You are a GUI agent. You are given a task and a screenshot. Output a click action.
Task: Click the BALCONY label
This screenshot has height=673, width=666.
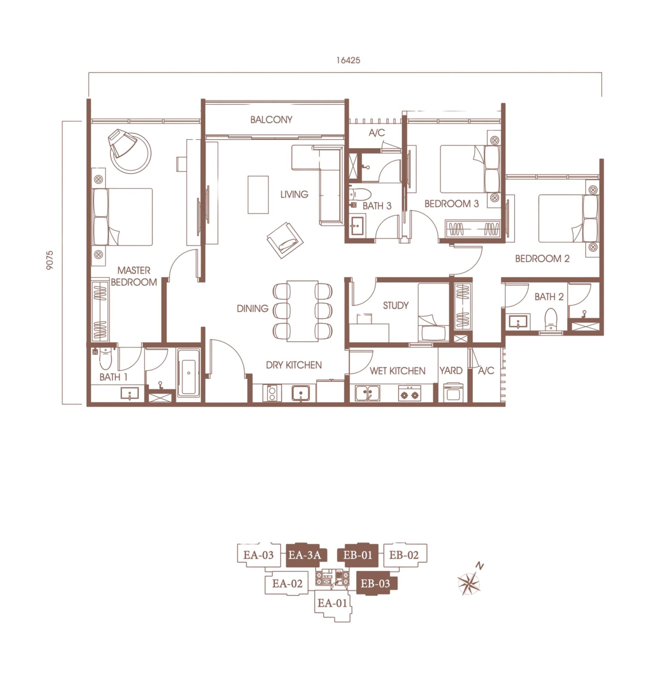click(271, 120)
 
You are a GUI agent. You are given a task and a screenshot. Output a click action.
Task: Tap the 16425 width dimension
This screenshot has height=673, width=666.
click(348, 60)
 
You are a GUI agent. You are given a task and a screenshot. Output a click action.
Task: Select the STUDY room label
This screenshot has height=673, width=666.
click(396, 306)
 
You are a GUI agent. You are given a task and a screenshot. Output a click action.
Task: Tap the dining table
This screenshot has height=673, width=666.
click(303, 311)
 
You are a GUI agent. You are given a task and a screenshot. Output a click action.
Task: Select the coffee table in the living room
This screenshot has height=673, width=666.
click(258, 195)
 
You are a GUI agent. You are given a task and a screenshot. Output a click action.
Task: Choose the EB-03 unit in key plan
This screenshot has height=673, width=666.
click(376, 584)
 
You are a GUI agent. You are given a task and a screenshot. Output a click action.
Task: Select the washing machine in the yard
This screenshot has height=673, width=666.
click(453, 392)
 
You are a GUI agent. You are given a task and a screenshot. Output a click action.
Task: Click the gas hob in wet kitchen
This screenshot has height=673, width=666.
click(409, 394)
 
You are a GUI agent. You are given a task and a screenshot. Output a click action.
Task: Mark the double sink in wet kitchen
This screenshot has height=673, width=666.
click(367, 393)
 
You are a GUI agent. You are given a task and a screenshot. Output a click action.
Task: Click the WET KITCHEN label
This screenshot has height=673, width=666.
click(397, 371)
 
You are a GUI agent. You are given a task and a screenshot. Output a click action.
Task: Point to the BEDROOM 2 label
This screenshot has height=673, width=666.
click(542, 259)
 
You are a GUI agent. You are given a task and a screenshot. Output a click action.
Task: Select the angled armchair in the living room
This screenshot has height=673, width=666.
click(285, 240)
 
